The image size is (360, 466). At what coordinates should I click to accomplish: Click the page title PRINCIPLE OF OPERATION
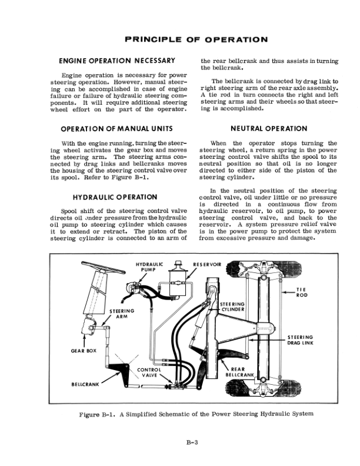click(x=196, y=40)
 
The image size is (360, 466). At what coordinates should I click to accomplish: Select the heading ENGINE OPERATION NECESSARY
click(x=118, y=61)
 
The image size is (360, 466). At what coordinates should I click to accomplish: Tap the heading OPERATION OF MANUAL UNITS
click(x=118, y=128)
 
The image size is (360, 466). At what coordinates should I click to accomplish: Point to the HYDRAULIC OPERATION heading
click(x=115, y=197)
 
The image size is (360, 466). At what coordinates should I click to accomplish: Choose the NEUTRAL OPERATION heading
click(x=269, y=128)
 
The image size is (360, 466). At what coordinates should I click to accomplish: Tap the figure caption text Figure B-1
click(x=196, y=414)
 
